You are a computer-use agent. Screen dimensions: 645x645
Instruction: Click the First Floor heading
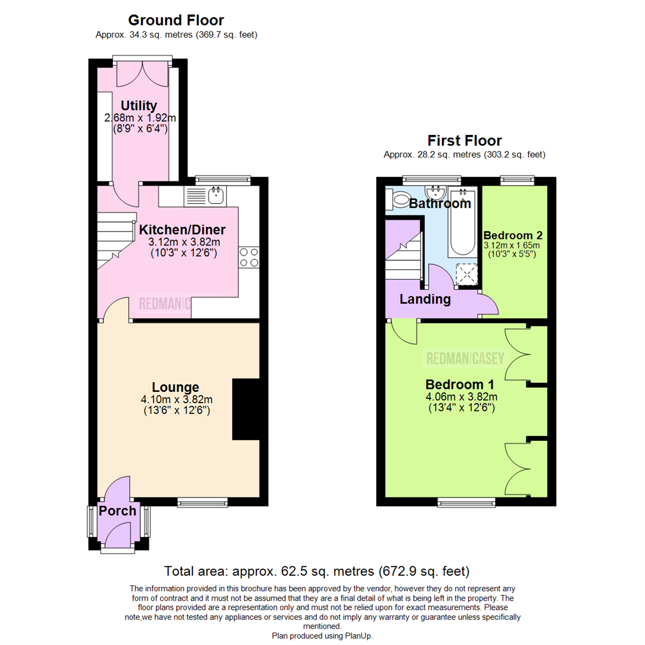coord(465,141)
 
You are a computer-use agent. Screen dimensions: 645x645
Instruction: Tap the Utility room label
coord(139,106)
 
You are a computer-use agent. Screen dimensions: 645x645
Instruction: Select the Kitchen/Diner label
coord(182,230)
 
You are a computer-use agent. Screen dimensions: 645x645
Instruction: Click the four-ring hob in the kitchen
coord(248,257)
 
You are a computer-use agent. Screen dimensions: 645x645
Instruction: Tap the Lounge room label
coord(175,387)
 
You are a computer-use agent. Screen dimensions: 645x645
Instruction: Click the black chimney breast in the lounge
coord(245,410)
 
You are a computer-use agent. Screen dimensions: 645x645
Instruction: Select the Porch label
coord(118,511)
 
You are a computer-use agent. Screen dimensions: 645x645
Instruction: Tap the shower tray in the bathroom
coord(466,274)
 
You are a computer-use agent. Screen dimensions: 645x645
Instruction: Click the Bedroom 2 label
coord(513,234)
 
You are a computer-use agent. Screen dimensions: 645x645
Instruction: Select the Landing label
coord(425,299)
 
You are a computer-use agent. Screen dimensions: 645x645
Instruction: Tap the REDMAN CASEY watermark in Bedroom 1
coord(465,359)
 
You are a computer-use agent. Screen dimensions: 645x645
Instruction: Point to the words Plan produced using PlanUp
coord(322,636)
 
